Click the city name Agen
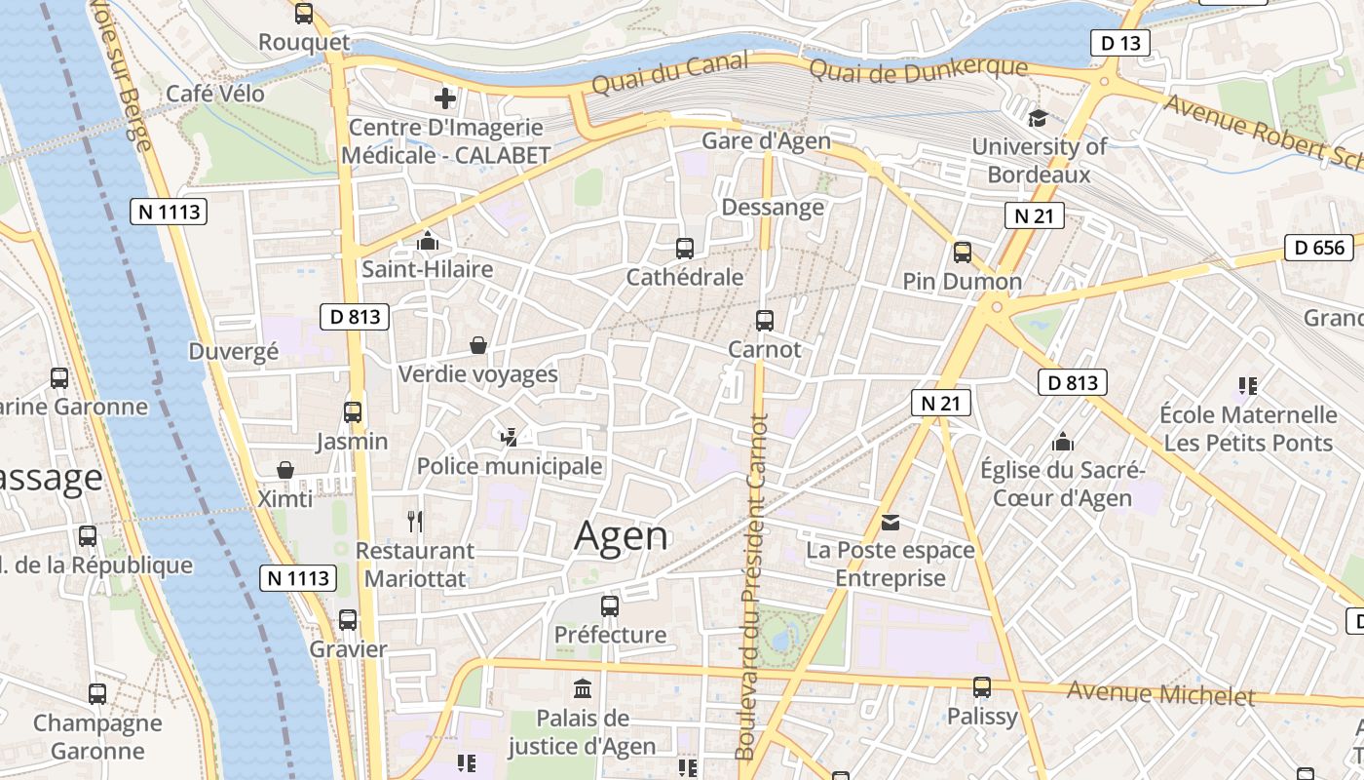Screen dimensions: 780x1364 coord(622,535)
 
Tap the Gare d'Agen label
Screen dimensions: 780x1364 coord(767,140)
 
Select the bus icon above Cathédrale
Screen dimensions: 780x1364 coord(685,249)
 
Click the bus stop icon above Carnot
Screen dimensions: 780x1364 coord(765,321)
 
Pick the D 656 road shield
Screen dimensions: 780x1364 coord(1319,248)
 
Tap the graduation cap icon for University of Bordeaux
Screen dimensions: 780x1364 coord(1038,118)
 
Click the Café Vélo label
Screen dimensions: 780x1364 coord(215,93)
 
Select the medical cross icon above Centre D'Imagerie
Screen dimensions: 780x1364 coord(445,98)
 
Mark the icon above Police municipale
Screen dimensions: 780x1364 coord(509,437)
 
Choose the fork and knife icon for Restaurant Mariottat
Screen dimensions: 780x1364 coord(415,522)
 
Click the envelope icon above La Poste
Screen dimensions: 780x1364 coord(890,523)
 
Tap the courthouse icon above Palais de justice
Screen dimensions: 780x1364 coord(583,689)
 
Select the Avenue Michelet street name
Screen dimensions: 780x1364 coord(1160,693)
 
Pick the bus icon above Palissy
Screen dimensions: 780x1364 coord(982,687)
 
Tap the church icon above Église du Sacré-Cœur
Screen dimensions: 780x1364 coord(1063,442)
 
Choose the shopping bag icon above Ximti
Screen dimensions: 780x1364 coord(285,471)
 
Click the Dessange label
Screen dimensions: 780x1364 coord(773,207)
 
